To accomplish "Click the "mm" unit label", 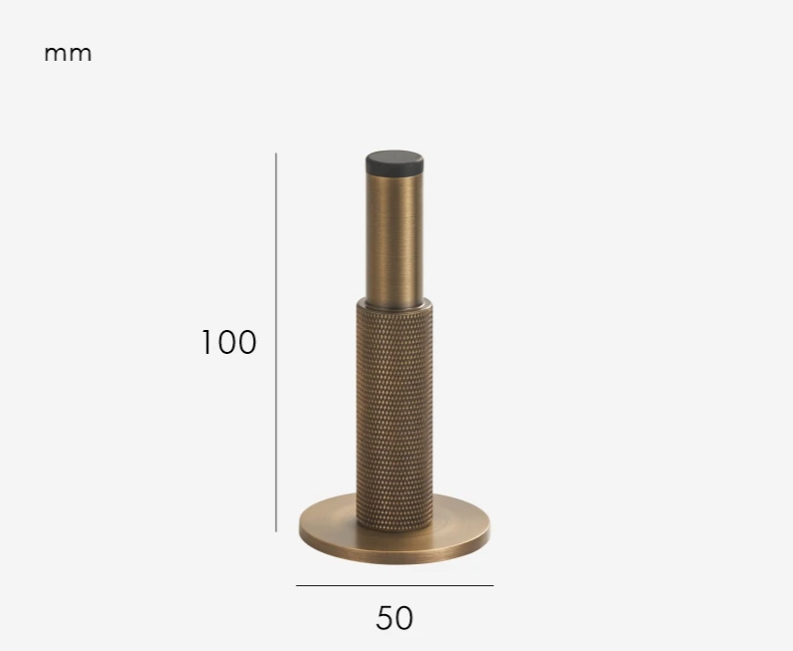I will coord(68,54).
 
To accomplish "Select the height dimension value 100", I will coord(228,342).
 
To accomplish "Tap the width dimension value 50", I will coord(395,618).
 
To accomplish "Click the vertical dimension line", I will coord(276,399).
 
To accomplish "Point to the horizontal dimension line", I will coord(395,585).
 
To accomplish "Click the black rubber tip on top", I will coord(394,163).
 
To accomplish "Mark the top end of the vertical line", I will coord(276,154).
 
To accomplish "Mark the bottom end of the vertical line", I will coord(276,531).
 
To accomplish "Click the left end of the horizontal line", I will coord(297,585).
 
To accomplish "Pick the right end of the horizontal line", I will coord(492,585).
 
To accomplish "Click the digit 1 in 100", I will coord(206,342).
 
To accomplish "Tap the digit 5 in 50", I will coord(385,618).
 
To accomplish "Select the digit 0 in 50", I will coord(403,618).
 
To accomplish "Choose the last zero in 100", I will coord(245,342).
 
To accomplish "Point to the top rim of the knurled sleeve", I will coord(394,301).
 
